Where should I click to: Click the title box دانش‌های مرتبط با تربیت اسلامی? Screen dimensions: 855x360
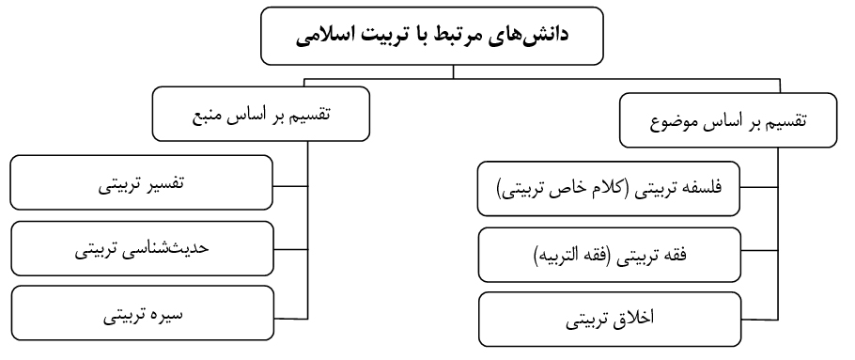click(432, 36)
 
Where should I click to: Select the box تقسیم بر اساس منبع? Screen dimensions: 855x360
click(260, 114)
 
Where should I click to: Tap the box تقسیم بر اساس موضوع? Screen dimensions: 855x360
click(728, 120)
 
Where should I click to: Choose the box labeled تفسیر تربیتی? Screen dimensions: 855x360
click(141, 182)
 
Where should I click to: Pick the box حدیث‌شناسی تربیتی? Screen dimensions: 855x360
click(142, 248)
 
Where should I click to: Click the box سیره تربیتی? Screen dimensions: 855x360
click(142, 313)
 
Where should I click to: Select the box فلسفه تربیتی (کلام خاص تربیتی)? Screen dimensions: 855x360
click(609, 189)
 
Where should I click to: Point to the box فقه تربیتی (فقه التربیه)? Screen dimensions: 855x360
click(610, 255)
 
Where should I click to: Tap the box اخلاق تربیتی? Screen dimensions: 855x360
click(610, 319)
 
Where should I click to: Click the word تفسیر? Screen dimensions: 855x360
click(164, 184)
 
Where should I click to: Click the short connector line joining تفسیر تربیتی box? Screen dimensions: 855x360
click(290, 186)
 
